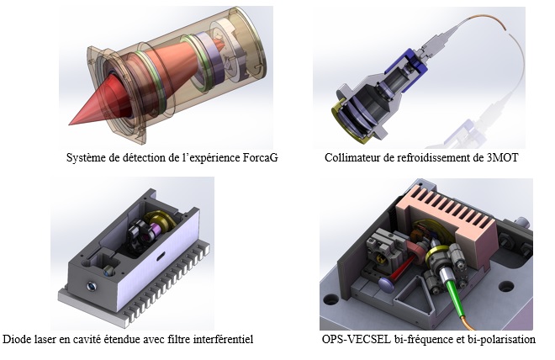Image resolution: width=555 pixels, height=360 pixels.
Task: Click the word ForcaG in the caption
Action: (260, 157)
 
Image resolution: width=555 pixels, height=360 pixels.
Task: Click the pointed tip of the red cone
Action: (69, 124)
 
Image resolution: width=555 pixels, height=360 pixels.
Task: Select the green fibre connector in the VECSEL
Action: (452, 290)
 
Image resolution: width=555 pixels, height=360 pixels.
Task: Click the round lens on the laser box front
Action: (92, 286)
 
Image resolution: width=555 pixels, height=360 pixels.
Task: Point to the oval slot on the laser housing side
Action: (161, 256)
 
